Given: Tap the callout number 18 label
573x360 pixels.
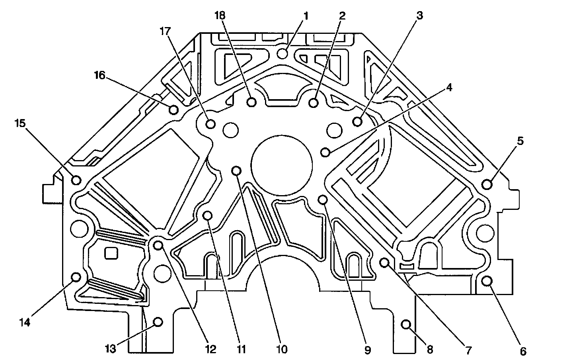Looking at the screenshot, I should pos(220,16).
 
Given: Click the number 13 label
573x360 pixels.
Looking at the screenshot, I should pos(110,349).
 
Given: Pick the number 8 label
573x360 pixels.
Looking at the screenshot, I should pos(429,349).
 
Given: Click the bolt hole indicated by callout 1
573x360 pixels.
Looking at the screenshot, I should pos(283,53).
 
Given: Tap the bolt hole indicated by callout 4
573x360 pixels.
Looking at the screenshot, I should pos(326,152).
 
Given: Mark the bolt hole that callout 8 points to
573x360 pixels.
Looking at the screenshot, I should pos(406,324).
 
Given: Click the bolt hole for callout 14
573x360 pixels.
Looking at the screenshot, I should pos(76,277).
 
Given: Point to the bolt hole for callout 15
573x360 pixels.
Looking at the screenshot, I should pos(76,180).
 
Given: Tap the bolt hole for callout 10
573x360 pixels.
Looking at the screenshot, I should pos(237,171).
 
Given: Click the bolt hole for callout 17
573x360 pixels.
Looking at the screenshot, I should pos(211,124).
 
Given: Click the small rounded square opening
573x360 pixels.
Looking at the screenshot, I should pos(111,253).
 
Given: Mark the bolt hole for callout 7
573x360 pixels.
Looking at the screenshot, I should pos(384,262).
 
